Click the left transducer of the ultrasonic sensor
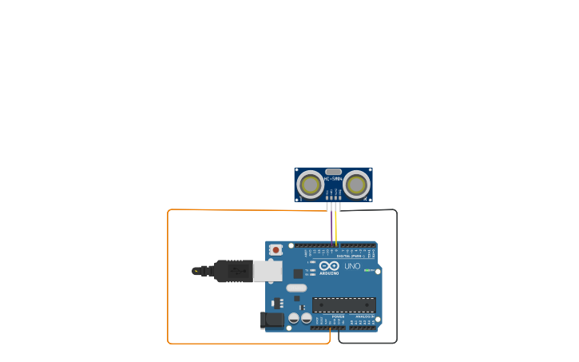tap(311, 185)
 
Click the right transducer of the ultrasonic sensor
tap(356, 185)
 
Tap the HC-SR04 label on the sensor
tap(333, 179)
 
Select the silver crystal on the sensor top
tap(333, 171)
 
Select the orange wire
tap(168, 280)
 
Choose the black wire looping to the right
tap(396, 280)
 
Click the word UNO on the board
tap(352, 266)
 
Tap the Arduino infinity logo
tap(329, 266)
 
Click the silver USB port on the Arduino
tap(268, 271)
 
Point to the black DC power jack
tap(272, 320)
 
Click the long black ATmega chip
tap(343, 304)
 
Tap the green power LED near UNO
tap(367, 270)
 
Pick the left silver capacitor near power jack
tap(294, 318)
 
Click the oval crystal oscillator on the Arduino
tap(296, 288)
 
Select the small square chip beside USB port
tap(298, 273)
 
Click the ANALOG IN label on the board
tap(363, 316)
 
